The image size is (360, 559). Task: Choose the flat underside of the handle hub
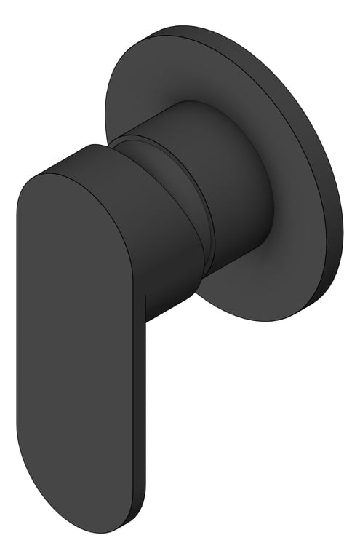click(171, 306)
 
